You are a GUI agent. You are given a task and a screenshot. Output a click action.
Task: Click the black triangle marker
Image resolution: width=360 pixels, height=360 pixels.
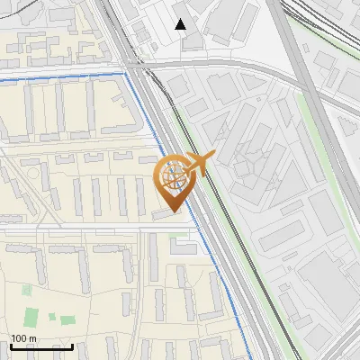point(181,24)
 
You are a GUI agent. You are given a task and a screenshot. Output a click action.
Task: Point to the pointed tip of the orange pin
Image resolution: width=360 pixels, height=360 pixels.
point(174,211)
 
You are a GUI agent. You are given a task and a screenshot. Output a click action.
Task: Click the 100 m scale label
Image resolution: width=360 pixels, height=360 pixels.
point(23,338)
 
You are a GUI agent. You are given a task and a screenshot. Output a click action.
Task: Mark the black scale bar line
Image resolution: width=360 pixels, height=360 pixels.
point(40,346)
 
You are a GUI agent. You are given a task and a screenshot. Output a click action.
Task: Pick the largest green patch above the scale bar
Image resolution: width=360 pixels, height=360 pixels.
point(31,317)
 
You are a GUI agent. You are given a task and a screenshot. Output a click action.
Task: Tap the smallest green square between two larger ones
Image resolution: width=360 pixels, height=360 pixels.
point(51,318)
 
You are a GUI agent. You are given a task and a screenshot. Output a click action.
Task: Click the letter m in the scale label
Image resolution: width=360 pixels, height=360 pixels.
point(32,338)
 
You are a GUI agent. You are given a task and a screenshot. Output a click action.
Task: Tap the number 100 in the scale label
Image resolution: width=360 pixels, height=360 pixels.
point(19,338)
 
